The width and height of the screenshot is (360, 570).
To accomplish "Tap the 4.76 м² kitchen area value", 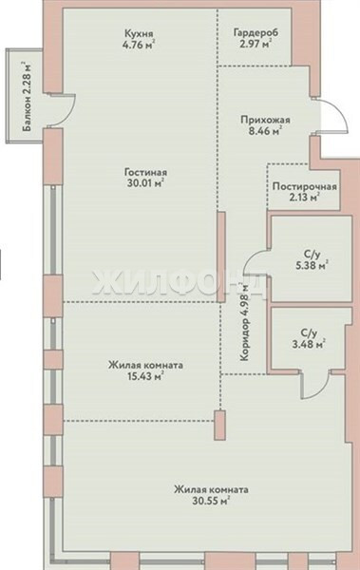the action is pyautogui.click(x=140, y=46).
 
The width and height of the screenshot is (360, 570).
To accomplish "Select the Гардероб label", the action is pyautogui.click(x=256, y=33).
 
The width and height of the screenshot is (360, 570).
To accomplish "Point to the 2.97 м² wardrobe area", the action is pyautogui.click(x=256, y=45).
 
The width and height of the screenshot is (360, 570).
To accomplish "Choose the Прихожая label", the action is pyautogui.click(x=265, y=121).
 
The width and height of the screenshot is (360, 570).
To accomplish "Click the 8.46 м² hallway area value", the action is pyautogui.click(x=265, y=132).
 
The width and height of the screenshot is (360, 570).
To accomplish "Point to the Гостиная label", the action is pyautogui.click(x=145, y=172).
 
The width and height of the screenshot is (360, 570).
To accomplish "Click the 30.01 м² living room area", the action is pyautogui.click(x=145, y=183).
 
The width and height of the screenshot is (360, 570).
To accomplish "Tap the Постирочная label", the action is pyautogui.click(x=304, y=187).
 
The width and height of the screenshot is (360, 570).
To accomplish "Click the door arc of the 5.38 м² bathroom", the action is pyautogui.click(x=251, y=257).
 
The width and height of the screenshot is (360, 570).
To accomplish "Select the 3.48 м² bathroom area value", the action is pyautogui.click(x=309, y=344).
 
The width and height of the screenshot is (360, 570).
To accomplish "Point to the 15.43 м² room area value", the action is pyautogui.click(x=145, y=376).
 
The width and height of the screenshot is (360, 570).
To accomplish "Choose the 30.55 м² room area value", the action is pyautogui.click(x=211, y=502).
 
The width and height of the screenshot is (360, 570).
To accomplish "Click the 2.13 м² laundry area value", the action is pyautogui.click(x=303, y=199).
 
